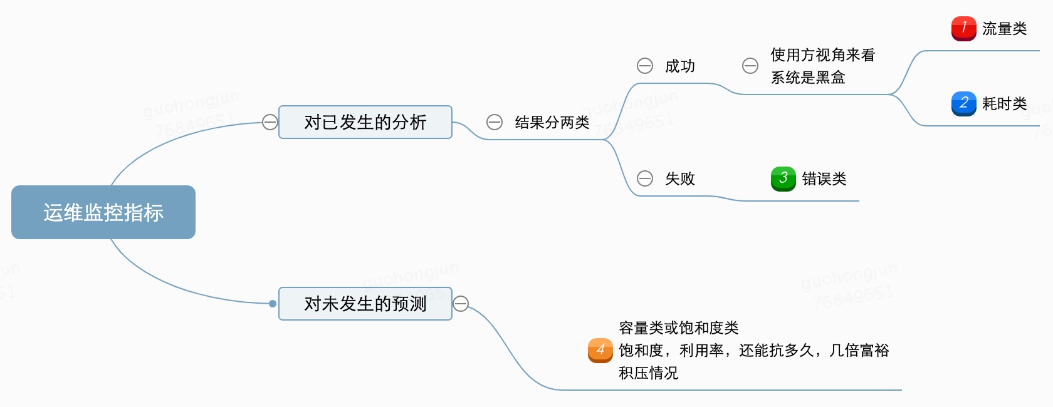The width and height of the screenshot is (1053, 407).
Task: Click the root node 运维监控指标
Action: coord(103,212)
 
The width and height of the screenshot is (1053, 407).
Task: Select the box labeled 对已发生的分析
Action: coord(365,122)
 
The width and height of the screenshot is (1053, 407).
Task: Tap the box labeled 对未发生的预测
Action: coord(365,304)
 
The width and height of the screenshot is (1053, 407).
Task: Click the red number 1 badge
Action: coord(963,28)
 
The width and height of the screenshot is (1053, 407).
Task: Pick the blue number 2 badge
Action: coord(963,103)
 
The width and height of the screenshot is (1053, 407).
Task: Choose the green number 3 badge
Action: coord(783,178)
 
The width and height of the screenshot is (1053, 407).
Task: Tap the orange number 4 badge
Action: coord(600,350)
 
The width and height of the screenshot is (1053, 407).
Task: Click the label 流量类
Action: coord(1004,29)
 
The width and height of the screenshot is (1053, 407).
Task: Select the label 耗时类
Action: coord(1004,104)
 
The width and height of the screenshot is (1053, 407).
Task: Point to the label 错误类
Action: coord(824,179)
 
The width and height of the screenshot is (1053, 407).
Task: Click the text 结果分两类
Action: coord(552,123)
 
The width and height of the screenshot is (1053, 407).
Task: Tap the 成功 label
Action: coord(679,66)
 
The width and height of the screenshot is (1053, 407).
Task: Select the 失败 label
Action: coord(679,179)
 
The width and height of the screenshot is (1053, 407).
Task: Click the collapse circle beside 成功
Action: coord(645,66)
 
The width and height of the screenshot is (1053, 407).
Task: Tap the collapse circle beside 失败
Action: coord(645,178)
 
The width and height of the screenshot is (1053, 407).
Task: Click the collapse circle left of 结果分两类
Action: coord(495,122)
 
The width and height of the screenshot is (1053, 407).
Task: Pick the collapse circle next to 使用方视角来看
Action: coord(750,66)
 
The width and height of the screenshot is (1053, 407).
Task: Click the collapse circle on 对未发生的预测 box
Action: coord(461,304)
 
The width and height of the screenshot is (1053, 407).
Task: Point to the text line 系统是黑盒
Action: coord(808,78)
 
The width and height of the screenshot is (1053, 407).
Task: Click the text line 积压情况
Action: coord(648,373)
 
